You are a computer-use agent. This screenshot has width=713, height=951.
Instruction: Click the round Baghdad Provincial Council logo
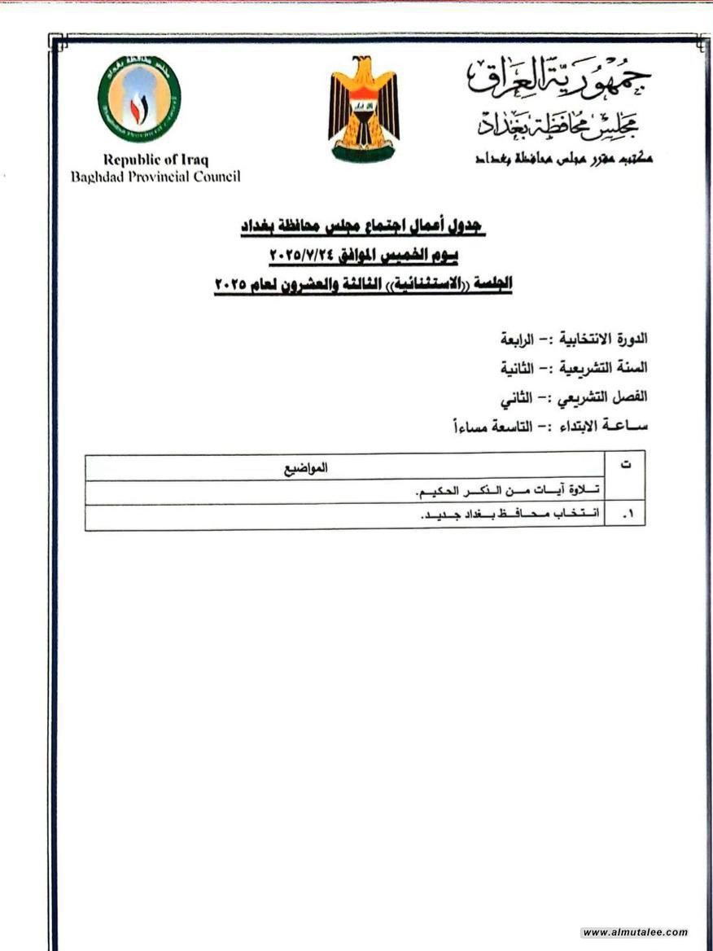click(139, 99)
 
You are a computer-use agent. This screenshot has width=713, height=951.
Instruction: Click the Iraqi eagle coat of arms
click(363, 109)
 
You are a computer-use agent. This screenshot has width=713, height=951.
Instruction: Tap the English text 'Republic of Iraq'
click(155, 160)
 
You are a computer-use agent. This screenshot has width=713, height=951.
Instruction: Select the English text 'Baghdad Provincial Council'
click(155, 177)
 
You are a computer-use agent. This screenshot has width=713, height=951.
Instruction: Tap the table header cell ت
click(625, 465)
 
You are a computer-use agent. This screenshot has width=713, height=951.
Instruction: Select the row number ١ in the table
click(627, 516)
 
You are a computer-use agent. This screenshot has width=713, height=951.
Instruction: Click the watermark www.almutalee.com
click(635, 932)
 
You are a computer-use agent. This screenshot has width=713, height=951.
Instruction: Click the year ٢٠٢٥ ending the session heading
click(232, 285)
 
